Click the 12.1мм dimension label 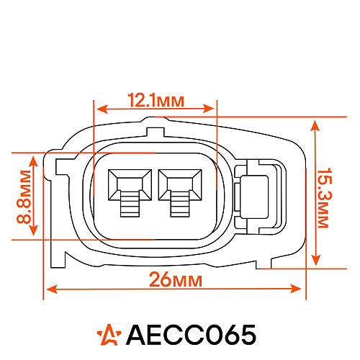156,100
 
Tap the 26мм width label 174,279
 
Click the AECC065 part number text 190,335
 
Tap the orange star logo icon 109,334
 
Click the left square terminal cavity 129,184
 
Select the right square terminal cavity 180,184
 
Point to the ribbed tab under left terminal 129,206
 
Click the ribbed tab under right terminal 180,206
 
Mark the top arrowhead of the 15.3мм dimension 314,124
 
